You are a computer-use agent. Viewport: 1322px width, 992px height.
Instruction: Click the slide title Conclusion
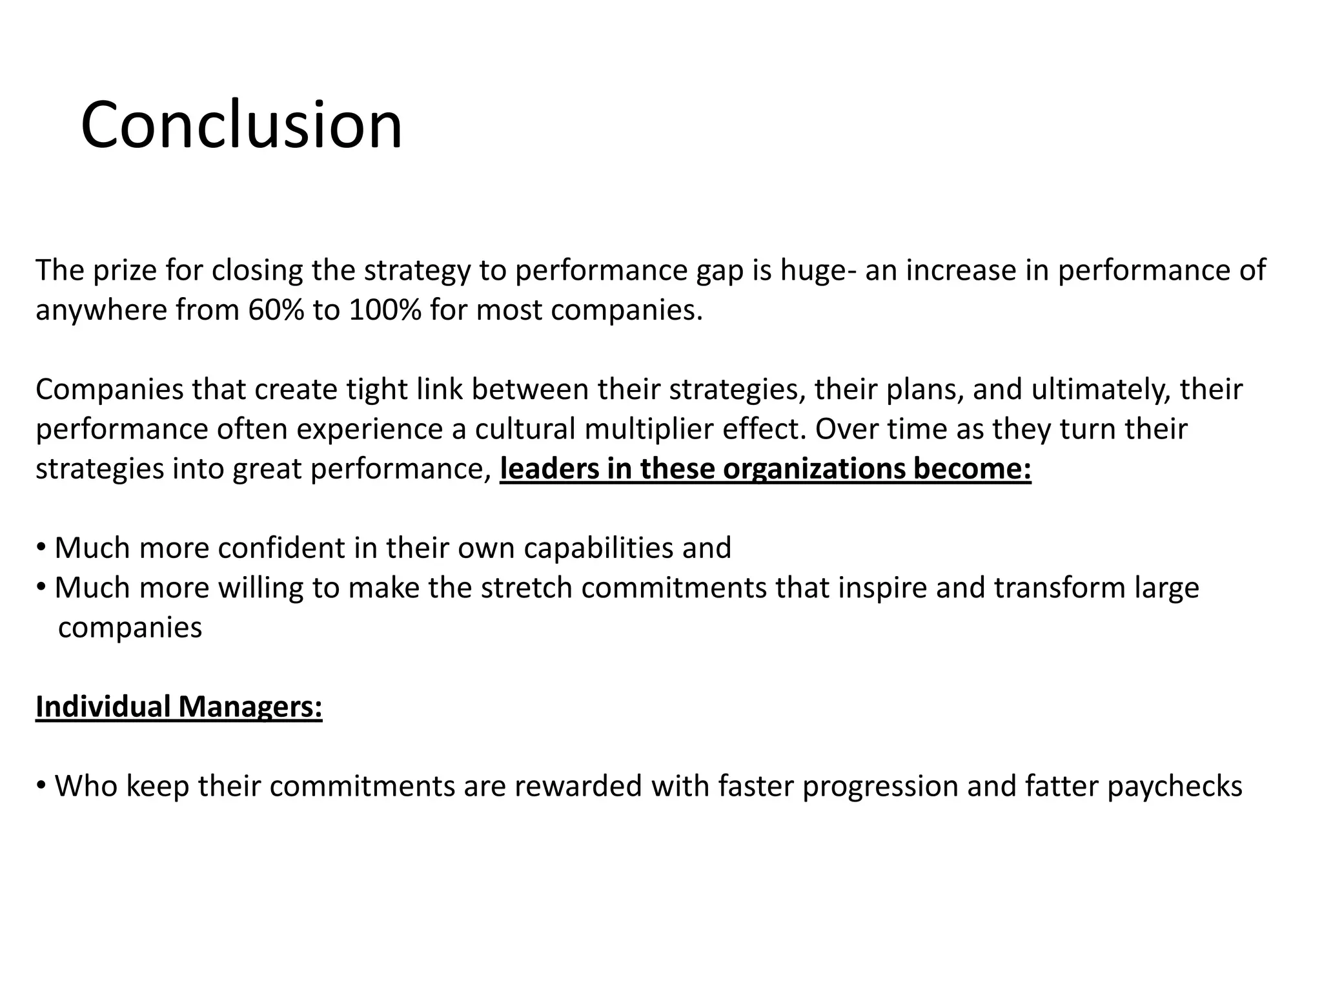(x=241, y=125)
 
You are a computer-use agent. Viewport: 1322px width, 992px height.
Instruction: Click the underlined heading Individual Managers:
(x=179, y=707)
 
